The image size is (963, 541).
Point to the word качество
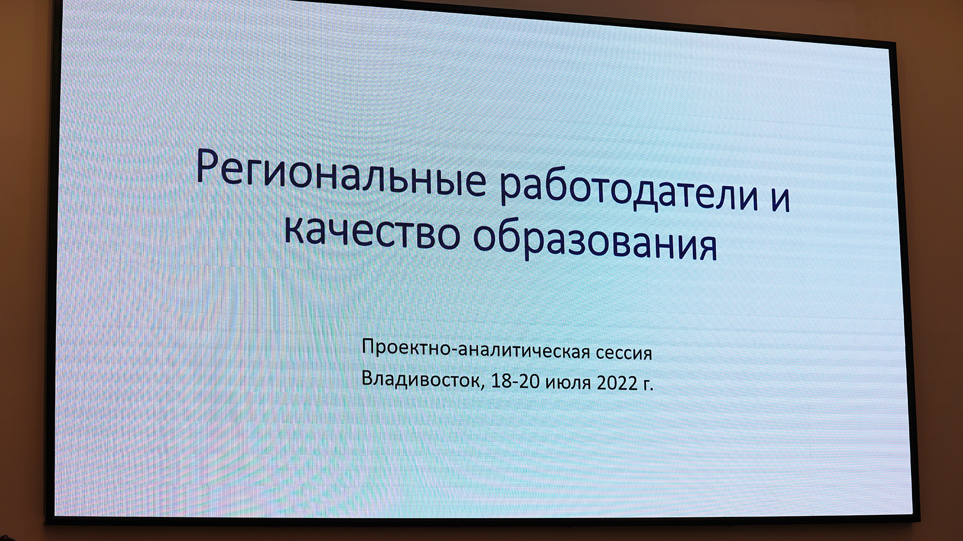click(372, 232)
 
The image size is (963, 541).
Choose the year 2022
click(617, 383)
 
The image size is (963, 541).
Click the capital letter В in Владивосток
click(368, 377)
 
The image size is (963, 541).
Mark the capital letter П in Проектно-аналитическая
click(368, 346)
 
